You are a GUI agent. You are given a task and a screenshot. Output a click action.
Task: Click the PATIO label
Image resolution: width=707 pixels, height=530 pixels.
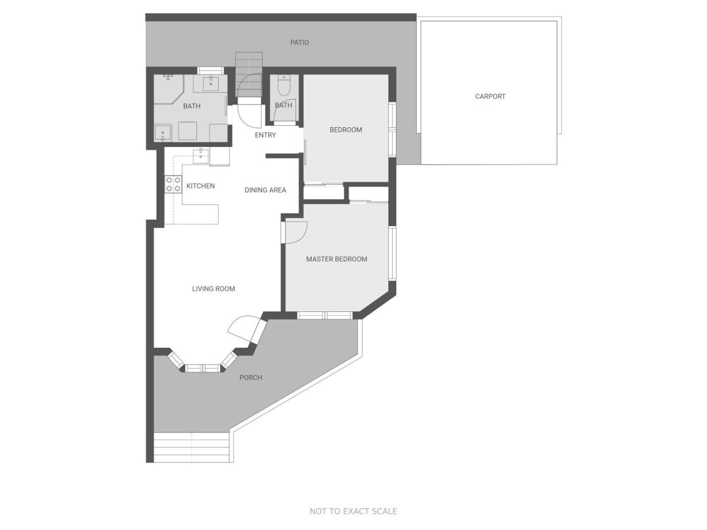point(299,42)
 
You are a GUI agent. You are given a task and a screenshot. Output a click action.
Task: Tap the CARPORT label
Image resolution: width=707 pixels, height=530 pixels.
point(490,96)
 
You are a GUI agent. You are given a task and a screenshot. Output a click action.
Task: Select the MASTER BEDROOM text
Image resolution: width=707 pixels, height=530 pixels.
point(336,259)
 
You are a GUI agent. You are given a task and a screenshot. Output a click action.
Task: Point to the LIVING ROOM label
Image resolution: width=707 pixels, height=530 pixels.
point(213,289)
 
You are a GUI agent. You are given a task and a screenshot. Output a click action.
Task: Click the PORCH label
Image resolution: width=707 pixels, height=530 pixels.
point(250,378)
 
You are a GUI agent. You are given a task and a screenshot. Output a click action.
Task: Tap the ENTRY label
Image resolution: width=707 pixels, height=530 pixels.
point(265,135)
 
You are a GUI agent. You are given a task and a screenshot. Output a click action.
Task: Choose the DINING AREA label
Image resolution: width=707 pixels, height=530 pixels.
point(265,190)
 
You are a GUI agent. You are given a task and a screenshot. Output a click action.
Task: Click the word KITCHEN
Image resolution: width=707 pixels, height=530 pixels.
point(200,186)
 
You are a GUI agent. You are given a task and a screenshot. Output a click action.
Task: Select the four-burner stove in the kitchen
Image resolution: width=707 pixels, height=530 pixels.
point(173,184)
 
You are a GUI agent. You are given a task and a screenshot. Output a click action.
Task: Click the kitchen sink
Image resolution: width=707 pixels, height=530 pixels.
point(201,156)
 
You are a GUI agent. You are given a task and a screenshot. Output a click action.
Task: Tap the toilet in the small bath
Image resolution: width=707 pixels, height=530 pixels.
point(284,85)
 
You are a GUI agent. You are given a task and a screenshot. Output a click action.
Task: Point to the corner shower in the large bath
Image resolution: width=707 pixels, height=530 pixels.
point(169,89)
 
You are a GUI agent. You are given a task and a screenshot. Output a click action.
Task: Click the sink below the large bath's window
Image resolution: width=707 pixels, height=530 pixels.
point(211,84)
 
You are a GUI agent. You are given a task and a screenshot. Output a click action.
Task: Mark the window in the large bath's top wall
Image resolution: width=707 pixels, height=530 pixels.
point(210,70)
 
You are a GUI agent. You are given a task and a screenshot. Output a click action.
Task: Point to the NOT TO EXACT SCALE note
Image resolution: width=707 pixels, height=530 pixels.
point(353,511)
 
